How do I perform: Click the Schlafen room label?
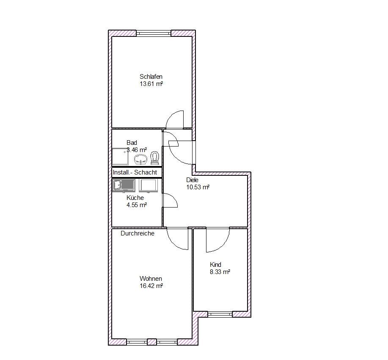point(151,77)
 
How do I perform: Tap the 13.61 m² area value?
point(151,84)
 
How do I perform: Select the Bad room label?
point(132,143)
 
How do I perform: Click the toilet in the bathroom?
point(155,158)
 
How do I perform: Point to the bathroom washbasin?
point(141,159)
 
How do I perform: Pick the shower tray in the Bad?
point(120,157)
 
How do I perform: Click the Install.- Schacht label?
point(135,172)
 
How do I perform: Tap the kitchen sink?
point(124,186)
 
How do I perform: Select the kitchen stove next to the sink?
point(148,186)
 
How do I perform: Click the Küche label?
point(135,198)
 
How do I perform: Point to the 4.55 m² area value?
point(137,205)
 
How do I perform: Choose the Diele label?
point(192,180)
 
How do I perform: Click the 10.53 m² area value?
point(198,187)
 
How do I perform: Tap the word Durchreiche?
point(138,233)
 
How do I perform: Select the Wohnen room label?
point(151,279)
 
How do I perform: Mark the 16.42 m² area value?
point(151,286)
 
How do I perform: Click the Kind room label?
point(215,265)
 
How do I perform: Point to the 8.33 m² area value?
point(220,272)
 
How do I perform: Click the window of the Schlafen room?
point(154,33)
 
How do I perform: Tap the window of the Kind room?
point(220,314)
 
